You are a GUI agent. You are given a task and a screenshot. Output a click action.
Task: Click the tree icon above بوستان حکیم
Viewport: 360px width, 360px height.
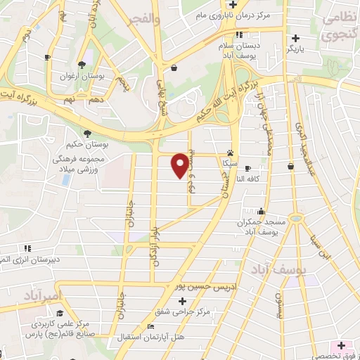click(x=86, y=133)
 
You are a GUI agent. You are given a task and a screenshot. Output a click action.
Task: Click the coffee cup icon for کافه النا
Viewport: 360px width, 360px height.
click(x=291, y=167)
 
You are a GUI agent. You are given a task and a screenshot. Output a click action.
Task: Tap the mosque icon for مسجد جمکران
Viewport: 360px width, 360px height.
click(x=262, y=211)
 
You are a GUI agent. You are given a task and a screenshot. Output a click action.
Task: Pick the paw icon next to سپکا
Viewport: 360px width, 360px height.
click(x=230, y=153)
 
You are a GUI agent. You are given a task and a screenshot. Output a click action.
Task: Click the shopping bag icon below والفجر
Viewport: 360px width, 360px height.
click(x=173, y=67)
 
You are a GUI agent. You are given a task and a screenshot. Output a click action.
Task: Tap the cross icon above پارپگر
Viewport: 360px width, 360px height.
click(x=295, y=38)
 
